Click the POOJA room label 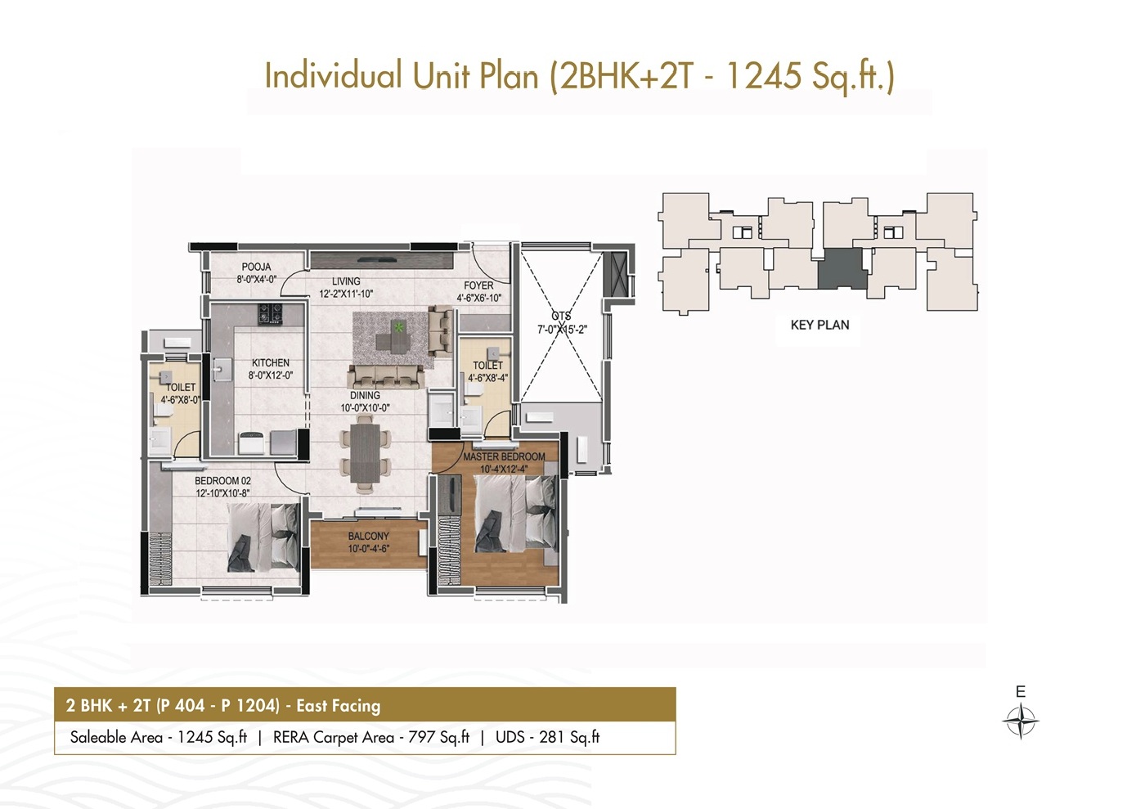point(256,267)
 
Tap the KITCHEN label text point(271,362)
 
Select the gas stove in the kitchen point(270,314)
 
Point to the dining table point(365,452)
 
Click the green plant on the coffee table point(398,326)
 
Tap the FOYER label point(478,285)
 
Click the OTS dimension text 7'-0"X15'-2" point(562,330)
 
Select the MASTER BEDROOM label point(504,456)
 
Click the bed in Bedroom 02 point(263,537)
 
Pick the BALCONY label point(369,536)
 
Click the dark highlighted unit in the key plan point(842,268)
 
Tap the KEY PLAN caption point(819,325)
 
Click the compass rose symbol point(1021,721)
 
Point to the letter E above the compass point(1021,692)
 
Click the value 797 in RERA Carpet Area point(421,737)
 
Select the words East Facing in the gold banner point(339,706)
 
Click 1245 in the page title point(764,75)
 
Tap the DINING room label point(365,395)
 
